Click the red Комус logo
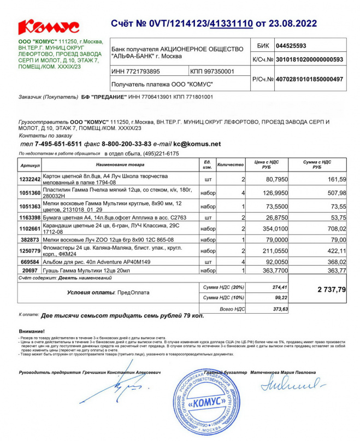(49, 26)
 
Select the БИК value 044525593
(291, 46)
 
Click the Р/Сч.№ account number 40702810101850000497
(310, 79)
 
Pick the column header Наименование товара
(121, 164)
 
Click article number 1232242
(30, 179)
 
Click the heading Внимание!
(32, 332)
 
